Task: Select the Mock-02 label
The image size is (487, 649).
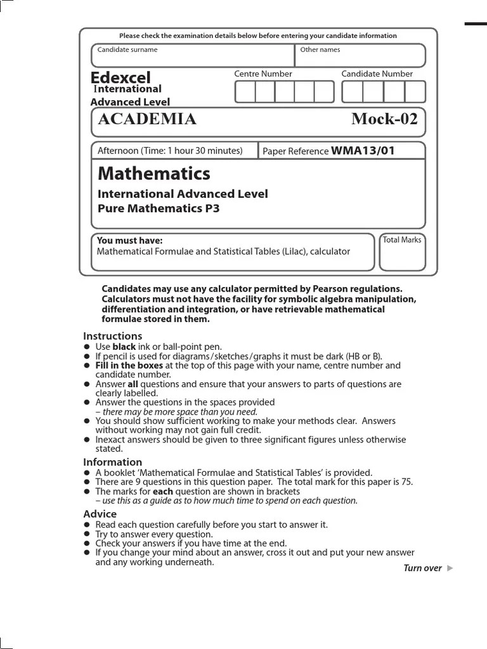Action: pyautogui.click(x=384, y=119)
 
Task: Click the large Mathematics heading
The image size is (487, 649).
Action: pyautogui.click(x=153, y=173)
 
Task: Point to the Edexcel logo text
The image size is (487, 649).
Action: pyautogui.click(x=120, y=78)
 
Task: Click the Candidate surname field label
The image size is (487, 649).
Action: pyautogui.click(x=127, y=49)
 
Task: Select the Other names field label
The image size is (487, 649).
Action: pyautogui.click(x=320, y=49)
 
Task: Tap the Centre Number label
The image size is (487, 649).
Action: pyautogui.click(x=263, y=74)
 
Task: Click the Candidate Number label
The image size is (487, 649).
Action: pyautogui.click(x=377, y=74)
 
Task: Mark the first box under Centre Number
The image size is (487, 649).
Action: pyautogui.click(x=245, y=92)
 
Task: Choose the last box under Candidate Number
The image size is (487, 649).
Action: pyautogui.click(x=415, y=92)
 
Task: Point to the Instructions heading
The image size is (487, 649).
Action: pyautogui.click(x=112, y=336)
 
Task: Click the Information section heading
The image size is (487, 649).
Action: pyautogui.click(x=112, y=462)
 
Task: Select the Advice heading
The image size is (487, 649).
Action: pyautogui.click(x=100, y=514)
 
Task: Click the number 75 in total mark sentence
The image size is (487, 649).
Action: pyautogui.click(x=406, y=482)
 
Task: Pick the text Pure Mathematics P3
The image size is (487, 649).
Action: pyautogui.click(x=159, y=208)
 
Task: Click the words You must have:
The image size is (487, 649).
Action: pyautogui.click(x=129, y=241)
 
